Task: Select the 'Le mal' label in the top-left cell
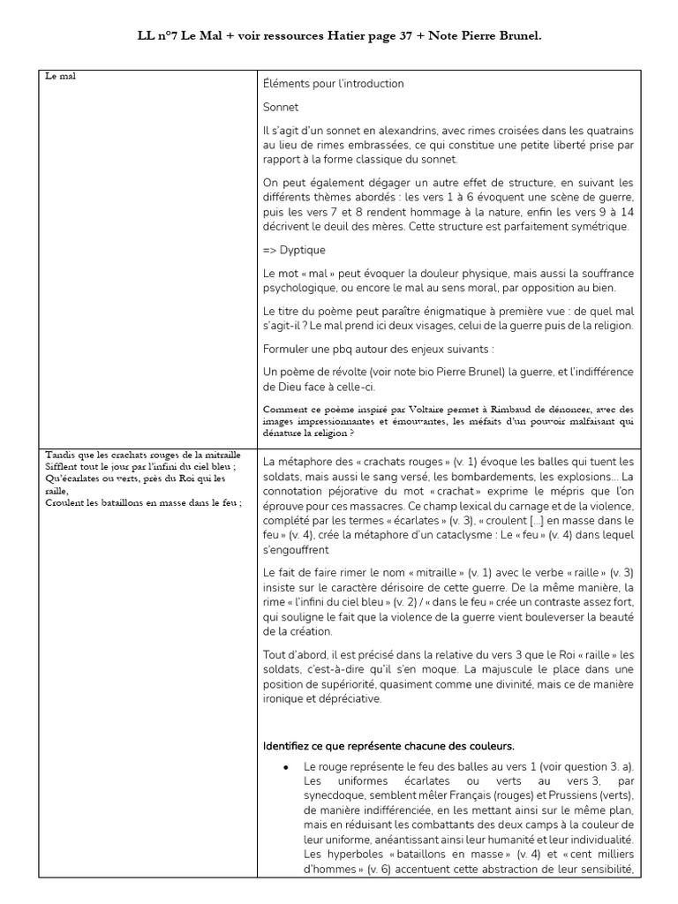[61, 76]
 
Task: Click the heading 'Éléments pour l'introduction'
[333, 84]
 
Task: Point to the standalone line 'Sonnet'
[281, 107]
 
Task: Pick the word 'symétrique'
[598, 226]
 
